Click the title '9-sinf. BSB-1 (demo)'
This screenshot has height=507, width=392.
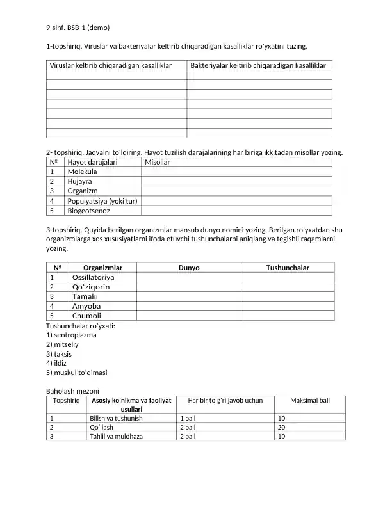(x=78, y=28)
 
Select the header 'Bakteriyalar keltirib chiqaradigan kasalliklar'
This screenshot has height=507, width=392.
(x=258, y=65)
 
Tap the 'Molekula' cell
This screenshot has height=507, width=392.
(x=83, y=172)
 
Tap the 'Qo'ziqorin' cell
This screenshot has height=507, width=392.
(x=91, y=287)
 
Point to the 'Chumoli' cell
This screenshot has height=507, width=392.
(x=87, y=316)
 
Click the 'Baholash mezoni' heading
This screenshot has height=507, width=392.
(x=72, y=390)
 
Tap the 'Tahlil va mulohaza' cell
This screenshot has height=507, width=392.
(x=116, y=436)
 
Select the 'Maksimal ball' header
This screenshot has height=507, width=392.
(x=309, y=400)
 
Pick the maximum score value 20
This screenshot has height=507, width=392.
(x=281, y=427)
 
